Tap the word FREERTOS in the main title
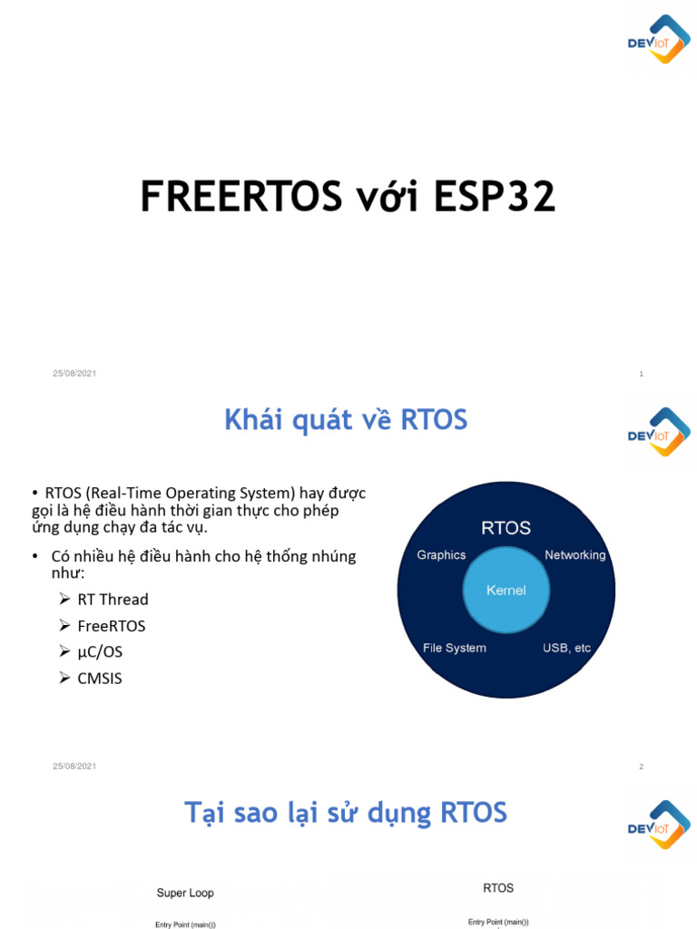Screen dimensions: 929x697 pos(241,198)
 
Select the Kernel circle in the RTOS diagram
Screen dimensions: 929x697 pos(506,590)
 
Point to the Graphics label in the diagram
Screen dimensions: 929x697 pos(441,555)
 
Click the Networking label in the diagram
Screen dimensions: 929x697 pos(574,555)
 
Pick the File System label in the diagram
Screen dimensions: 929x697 pos(455,648)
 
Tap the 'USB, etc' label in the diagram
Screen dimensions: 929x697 pos(567,648)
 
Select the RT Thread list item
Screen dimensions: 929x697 pos(113,600)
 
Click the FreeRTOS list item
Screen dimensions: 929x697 pos(111,626)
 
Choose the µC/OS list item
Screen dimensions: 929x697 pos(100,651)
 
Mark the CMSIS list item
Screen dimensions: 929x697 pos(100,678)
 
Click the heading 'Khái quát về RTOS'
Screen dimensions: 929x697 pos(346,420)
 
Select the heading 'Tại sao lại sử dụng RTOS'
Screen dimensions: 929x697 pos(346,812)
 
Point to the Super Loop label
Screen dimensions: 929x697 pos(185,893)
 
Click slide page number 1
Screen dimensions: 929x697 pos(641,374)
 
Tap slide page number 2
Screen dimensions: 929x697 pos(641,767)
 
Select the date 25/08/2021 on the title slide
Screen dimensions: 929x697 pos(74,374)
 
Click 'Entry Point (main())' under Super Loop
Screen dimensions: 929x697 pos(185,924)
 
